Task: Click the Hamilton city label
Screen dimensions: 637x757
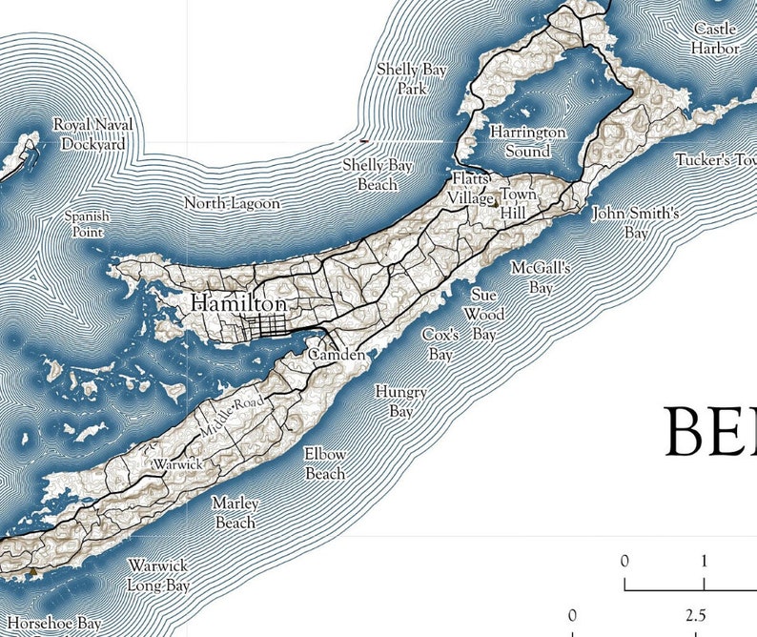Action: [x=238, y=303]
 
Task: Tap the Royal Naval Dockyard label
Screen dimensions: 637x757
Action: [x=92, y=134]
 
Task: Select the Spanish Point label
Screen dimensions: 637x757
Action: [x=87, y=224]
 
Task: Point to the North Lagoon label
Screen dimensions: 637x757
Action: [x=232, y=203]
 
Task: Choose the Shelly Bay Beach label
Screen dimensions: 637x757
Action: [x=378, y=175]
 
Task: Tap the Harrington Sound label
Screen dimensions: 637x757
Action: [x=527, y=142]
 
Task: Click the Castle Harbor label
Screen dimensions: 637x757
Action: [x=715, y=39]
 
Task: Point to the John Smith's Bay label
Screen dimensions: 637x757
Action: [x=635, y=222]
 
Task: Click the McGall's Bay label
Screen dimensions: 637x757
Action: [x=541, y=277]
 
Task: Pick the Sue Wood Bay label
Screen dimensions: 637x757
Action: [x=483, y=316]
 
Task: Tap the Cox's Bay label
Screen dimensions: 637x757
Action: [x=440, y=345]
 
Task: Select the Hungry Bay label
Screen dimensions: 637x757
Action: [x=400, y=401]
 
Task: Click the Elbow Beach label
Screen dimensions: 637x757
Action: [x=325, y=463]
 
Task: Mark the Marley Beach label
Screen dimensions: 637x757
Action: [x=235, y=512]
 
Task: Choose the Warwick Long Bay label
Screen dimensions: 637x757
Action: [x=159, y=575]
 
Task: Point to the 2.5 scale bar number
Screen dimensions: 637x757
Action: [x=695, y=615]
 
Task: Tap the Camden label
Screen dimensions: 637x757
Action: [x=336, y=355]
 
